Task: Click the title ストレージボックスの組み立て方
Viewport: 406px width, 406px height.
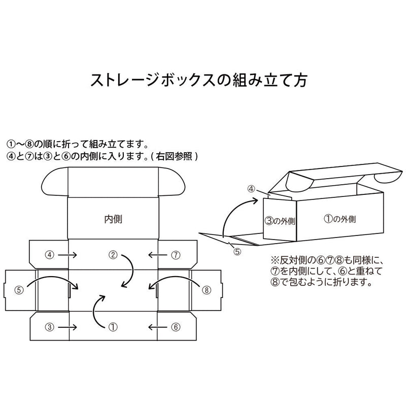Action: click(198, 81)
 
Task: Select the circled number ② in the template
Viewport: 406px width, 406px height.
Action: click(114, 254)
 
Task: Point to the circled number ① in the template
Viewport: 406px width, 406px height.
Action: click(114, 327)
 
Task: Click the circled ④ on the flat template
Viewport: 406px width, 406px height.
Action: click(50, 254)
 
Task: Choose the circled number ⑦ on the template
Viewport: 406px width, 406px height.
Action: click(176, 254)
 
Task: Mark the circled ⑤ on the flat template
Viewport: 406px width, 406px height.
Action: click(19, 290)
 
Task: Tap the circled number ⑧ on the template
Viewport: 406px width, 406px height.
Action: click(207, 290)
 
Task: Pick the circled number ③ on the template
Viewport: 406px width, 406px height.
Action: click(50, 327)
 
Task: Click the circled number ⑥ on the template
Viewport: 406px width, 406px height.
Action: click(176, 327)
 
